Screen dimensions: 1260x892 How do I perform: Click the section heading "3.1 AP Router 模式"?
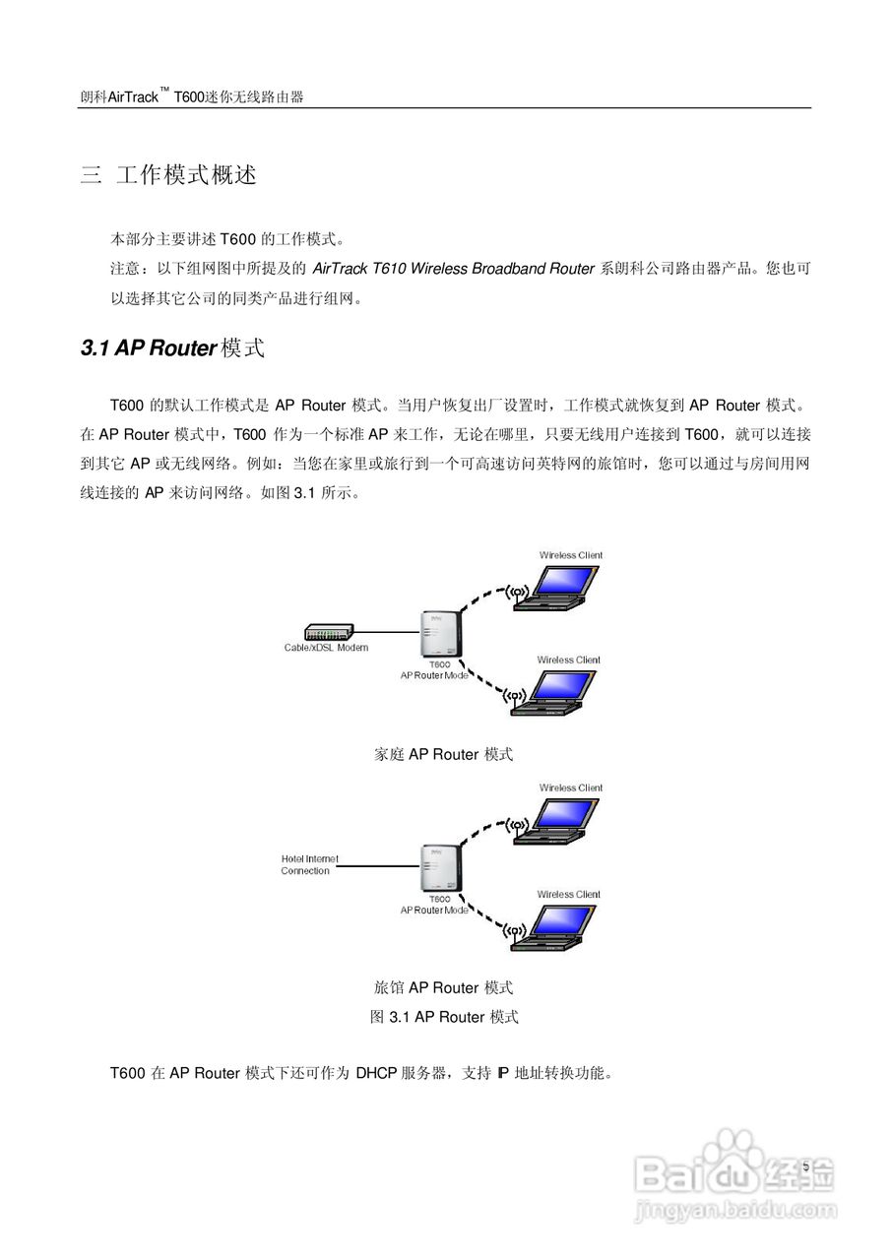(x=172, y=348)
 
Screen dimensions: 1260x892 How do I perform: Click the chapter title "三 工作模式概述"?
(x=168, y=176)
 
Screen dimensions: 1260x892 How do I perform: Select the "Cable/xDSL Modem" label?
(x=326, y=648)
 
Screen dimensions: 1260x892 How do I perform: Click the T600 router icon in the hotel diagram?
(x=438, y=867)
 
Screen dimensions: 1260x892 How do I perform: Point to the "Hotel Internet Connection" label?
(x=309, y=864)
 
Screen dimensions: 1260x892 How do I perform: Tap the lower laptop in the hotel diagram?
(x=558, y=923)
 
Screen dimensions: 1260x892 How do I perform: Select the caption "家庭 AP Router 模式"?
(x=444, y=754)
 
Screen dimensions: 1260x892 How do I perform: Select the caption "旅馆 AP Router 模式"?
(x=444, y=987)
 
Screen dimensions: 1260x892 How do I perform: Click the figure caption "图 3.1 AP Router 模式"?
(x=444, y=1017)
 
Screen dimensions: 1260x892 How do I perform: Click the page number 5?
(x=805, y=1166)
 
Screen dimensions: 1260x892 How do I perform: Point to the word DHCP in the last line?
(x=376, y=1073)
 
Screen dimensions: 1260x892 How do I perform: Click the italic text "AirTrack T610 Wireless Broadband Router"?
(x=453, y=268)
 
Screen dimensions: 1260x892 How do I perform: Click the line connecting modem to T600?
(x=386, y=631)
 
